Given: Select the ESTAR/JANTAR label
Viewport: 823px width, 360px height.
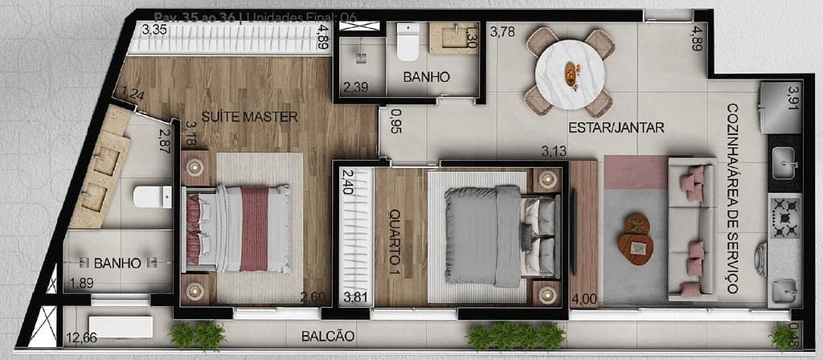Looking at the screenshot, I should coord(616,127).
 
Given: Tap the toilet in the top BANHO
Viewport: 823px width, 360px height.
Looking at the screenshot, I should coord(407,42).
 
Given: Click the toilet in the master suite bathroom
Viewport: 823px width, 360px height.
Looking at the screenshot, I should coord(152,195).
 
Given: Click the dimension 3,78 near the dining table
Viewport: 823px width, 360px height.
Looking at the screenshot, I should coord(502,33).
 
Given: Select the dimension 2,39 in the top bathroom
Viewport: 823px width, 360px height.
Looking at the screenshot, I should coord(356,86).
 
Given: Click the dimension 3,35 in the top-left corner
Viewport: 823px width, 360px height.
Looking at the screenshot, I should coord(154,31).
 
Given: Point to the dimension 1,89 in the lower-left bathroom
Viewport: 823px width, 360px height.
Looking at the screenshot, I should coord(81,283).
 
